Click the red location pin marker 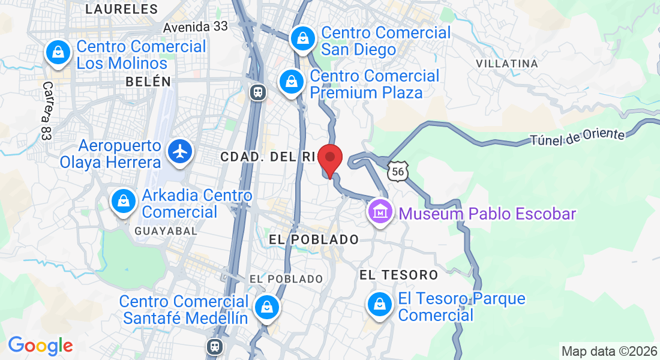pyautogui.click(x=329, y=159)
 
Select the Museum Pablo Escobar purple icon pyautogui.click(x=380, y=212)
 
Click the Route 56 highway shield pyautogui.click(x=398, y=172)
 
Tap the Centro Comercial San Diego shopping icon pyautogui.click(x=303, y=38)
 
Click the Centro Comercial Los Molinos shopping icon pyautogui.click(x=58, y=52)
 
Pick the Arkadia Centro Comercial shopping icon pyautogui.click(x=124, y=201)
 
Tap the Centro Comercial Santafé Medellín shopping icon pyautogui.click(x=265, y=307)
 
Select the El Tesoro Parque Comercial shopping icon pyautogui.click(x=379, y=304)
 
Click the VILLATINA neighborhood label pyautogui.click(x=506, y=63)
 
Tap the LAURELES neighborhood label pyautogui.click(x=122, y=9)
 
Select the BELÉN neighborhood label pyautogui.click(x=148, y=82)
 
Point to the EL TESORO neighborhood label pyautogui.click(x=398, y=275)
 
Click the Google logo pyautogui.click(x=40, y=346)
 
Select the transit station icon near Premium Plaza pyautogui.click(x=257, y=92)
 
